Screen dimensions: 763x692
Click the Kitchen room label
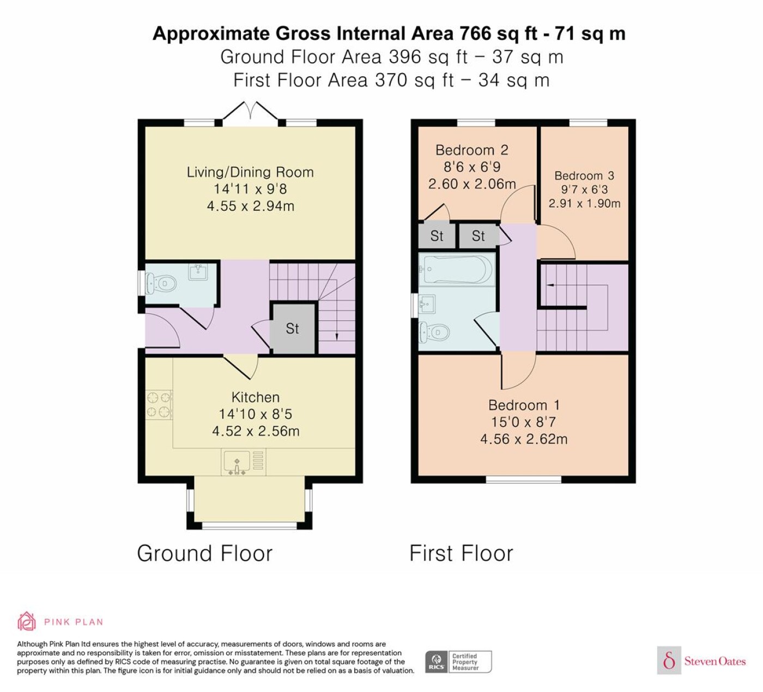coord(255,397)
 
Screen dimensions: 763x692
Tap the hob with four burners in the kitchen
coord(159,405)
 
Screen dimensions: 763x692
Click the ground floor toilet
coord(161,283)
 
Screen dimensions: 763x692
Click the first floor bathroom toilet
coord(434,333)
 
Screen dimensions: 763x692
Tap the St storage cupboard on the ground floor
coord(293,329)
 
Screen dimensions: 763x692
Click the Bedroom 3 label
coord(584,175)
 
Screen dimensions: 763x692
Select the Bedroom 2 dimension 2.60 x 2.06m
coord(472,184)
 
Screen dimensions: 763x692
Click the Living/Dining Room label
coord(250,172)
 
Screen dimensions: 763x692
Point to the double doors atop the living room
coord(250,111)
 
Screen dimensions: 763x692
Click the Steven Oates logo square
coord(669,660)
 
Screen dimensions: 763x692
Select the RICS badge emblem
coord(437,661)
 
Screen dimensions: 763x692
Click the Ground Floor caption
coord(204,553)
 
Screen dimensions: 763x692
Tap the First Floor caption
coord(461,553)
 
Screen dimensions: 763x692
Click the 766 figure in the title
coord(475,33)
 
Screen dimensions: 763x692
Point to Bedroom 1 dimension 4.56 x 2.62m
coord(524,439)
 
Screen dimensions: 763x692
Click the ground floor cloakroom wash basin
coord(198,272)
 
